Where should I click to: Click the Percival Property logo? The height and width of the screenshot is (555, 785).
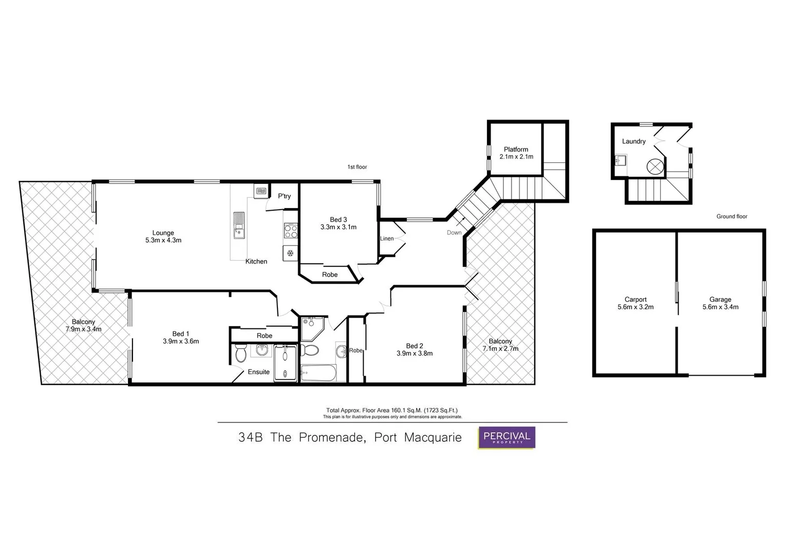point(507,438)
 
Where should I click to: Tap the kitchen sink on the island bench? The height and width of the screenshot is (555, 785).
point(238,225)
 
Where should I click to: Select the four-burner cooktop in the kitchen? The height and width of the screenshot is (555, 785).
point(291,231)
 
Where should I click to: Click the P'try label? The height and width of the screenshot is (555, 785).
point(284,196)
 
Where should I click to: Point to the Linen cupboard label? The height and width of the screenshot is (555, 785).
point(387,238)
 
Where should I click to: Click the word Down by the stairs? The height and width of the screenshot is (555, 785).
point(454,232)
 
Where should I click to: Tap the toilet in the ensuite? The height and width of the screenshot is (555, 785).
point(240,354)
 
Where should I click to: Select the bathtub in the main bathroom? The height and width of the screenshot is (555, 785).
point(318,373)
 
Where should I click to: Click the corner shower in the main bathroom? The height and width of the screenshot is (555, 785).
point(311,328)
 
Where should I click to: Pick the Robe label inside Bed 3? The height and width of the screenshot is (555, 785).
point(330,274)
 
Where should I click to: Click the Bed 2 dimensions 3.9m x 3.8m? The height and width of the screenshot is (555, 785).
point(414,353)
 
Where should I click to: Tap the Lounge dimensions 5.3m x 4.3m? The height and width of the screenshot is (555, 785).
point(163,240)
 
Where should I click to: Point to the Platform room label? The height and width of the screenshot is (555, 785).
point(516,150)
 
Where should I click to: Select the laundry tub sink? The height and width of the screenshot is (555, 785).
point(620,161)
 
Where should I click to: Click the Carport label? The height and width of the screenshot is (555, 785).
point(636,299)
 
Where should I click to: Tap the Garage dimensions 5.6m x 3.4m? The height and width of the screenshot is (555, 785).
point(720,307)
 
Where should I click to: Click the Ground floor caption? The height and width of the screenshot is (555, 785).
point(732,216)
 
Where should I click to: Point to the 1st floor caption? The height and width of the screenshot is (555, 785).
point(357,167)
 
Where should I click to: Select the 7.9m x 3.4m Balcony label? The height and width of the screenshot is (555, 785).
point(83,329)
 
